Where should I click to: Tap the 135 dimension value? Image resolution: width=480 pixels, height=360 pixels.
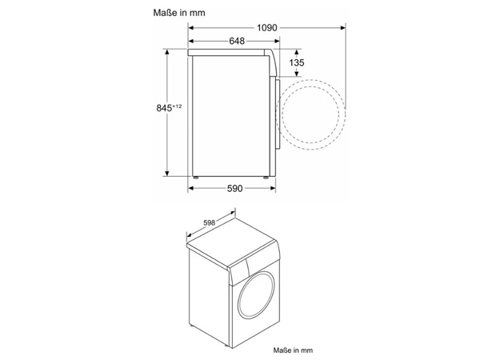coord(296,62)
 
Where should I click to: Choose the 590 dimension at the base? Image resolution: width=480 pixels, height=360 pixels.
coord(234,188)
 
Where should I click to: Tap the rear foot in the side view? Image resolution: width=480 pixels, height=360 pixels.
coord(195,174)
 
